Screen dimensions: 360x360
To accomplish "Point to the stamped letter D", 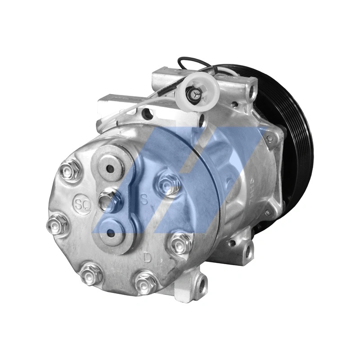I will [x=147, y=257].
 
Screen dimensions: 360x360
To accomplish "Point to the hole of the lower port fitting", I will [x=110, y=233].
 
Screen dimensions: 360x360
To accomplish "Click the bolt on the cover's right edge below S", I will [x=181, y=243].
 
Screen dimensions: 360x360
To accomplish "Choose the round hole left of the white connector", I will [x=147, y=115].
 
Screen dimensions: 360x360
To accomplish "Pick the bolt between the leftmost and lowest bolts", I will [x=91, y=273].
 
